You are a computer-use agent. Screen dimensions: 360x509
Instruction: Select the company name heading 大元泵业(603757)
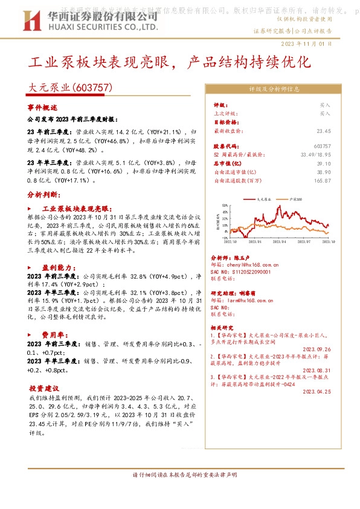click(71, 88)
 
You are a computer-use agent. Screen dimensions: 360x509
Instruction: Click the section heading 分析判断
click(44, 195)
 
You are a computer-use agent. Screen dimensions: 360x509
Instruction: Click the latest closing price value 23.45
click(324, 131)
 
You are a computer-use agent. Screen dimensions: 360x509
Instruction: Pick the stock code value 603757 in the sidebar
click(323, 146)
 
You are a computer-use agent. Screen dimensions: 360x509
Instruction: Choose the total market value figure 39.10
click(324, 164)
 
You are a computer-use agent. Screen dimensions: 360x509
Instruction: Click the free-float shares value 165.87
click(323, 181)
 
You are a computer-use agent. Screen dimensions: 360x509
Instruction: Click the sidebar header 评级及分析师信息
click(275, 88)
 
